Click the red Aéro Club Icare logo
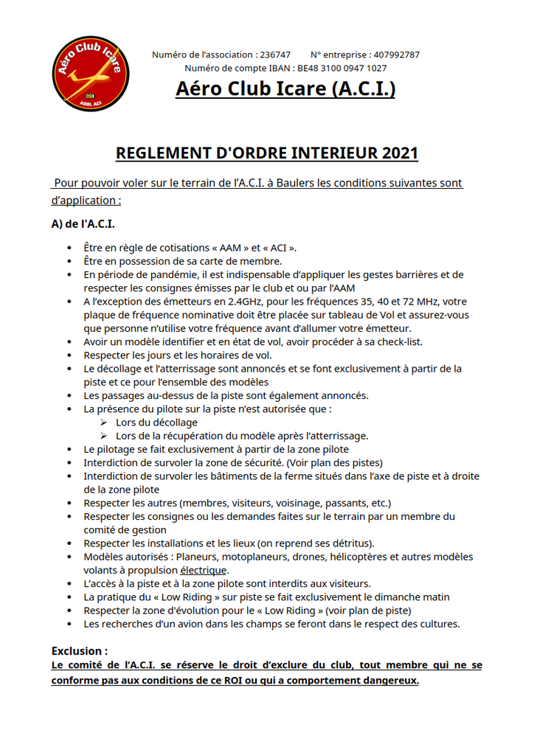coord(91,74)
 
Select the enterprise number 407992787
coord(397,55)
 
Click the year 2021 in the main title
coord(400,153)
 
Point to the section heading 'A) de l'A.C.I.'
coord(83,223)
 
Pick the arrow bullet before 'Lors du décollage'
coord(104,422)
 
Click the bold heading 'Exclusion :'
coord(80,651)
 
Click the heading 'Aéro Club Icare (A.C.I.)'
coord(285,88)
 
